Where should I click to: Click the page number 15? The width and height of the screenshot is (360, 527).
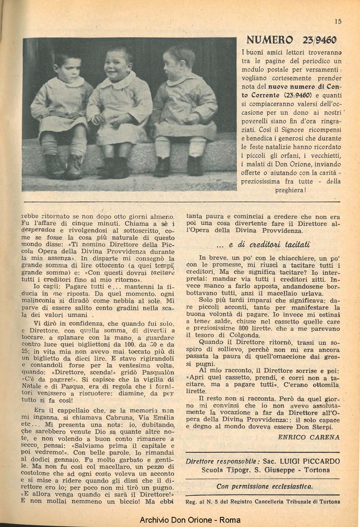pyautogui.click(x=338, y=21)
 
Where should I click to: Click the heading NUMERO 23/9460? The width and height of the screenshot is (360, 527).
pyautogui.click(x=291, y=39)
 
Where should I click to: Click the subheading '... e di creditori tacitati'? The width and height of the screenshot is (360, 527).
pyautogui.click(x=263, y=245)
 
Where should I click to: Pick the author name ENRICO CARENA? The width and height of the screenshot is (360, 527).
pyautogui.click(x=309, y=437)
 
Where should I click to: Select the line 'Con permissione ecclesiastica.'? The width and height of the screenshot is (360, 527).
pyautogui.click(x=264, y=486)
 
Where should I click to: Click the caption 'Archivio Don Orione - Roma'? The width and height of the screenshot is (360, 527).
pyautogui.click(x=190, y=520)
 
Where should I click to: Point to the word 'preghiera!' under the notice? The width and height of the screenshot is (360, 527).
pyautogui.click(x=291, y=190)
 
